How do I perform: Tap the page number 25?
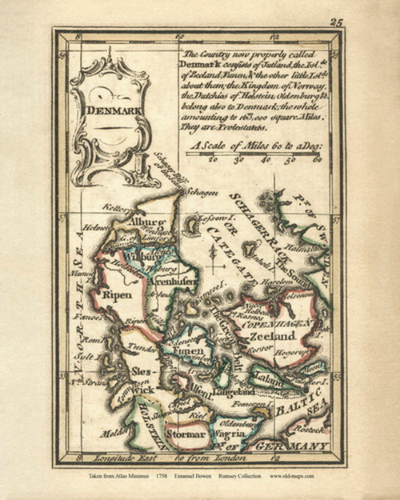pos(336,22)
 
